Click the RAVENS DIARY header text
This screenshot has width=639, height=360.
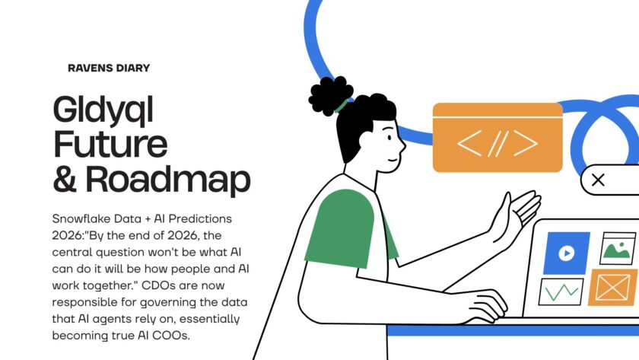tap(109, 68)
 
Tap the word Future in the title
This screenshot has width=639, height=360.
tap(110, 145)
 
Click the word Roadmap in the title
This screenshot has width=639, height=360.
tap(167, 179)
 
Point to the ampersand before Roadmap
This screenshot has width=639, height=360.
tap(67, 179)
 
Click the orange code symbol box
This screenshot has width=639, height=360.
tap(498, 138)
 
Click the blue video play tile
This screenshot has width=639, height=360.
tap(566, 253)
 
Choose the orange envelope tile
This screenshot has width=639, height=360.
tap(613, 287)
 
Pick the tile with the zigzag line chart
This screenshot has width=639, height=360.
tap(561, 292)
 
